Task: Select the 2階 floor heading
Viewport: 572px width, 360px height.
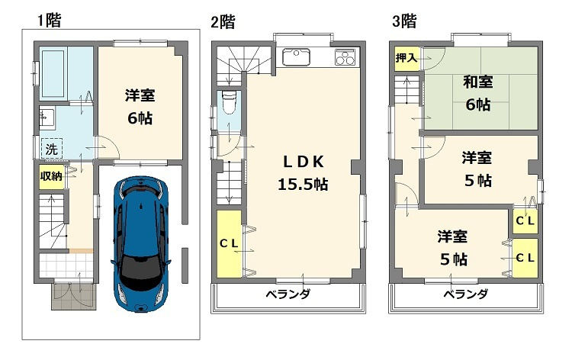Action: point(223,21)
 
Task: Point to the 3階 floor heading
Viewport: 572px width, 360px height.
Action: point(404,21)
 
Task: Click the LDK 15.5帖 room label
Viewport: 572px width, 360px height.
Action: point(305,173)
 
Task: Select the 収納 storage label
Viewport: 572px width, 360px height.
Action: point(51,176)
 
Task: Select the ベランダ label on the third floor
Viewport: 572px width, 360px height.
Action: point(465,294)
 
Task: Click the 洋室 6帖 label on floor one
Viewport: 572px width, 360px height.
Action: point(140,107)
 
